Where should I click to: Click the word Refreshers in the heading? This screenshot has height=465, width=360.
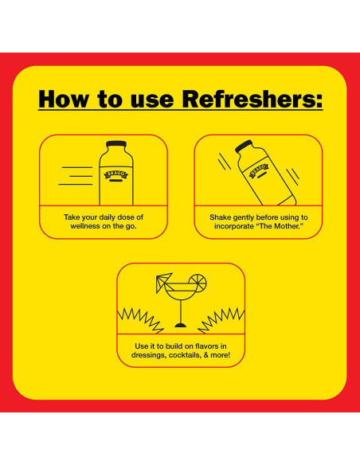[248, 99]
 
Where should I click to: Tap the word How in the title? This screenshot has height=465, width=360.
[63, 99]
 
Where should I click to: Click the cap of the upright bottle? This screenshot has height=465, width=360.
[116, 144]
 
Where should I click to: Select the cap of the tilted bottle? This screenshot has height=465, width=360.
[244, 147]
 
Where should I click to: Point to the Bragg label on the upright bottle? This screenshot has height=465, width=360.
[116, 175]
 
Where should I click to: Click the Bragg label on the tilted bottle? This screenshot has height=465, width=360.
[259, 170]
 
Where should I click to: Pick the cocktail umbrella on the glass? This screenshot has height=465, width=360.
[163, 281]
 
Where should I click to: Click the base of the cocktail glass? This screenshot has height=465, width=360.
[181, 326]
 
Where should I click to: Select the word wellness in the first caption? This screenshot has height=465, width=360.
[84, 226]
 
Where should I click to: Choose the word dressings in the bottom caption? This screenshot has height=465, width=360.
[149, 355]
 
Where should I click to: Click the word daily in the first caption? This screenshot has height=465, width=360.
[107, 217]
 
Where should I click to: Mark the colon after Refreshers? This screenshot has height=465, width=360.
[319, 101]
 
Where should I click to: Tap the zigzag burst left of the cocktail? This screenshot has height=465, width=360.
[140, 321]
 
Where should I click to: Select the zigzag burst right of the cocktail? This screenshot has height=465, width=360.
[221, 321]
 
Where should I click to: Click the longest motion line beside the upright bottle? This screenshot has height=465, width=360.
[76, 184]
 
